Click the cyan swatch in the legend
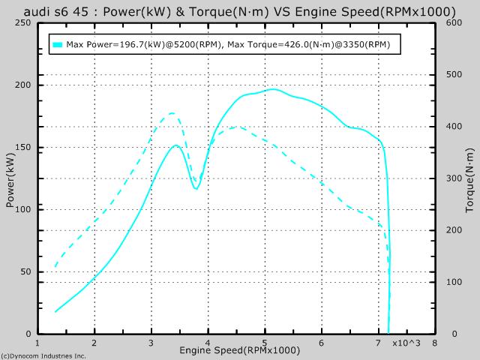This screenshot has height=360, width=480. coord(58,45)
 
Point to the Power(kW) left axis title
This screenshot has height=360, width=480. coord(10,178)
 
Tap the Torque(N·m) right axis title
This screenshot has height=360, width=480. coord(470,178)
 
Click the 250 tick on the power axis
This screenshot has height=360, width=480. coord(22,22)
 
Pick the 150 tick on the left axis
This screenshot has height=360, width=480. coord(22,147)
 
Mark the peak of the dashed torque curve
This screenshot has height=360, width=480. coord(172,113)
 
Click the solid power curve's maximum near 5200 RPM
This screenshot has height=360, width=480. coord(274,89)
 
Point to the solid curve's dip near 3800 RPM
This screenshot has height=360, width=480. coord(196,188)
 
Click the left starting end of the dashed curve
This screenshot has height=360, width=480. coord(55,266)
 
